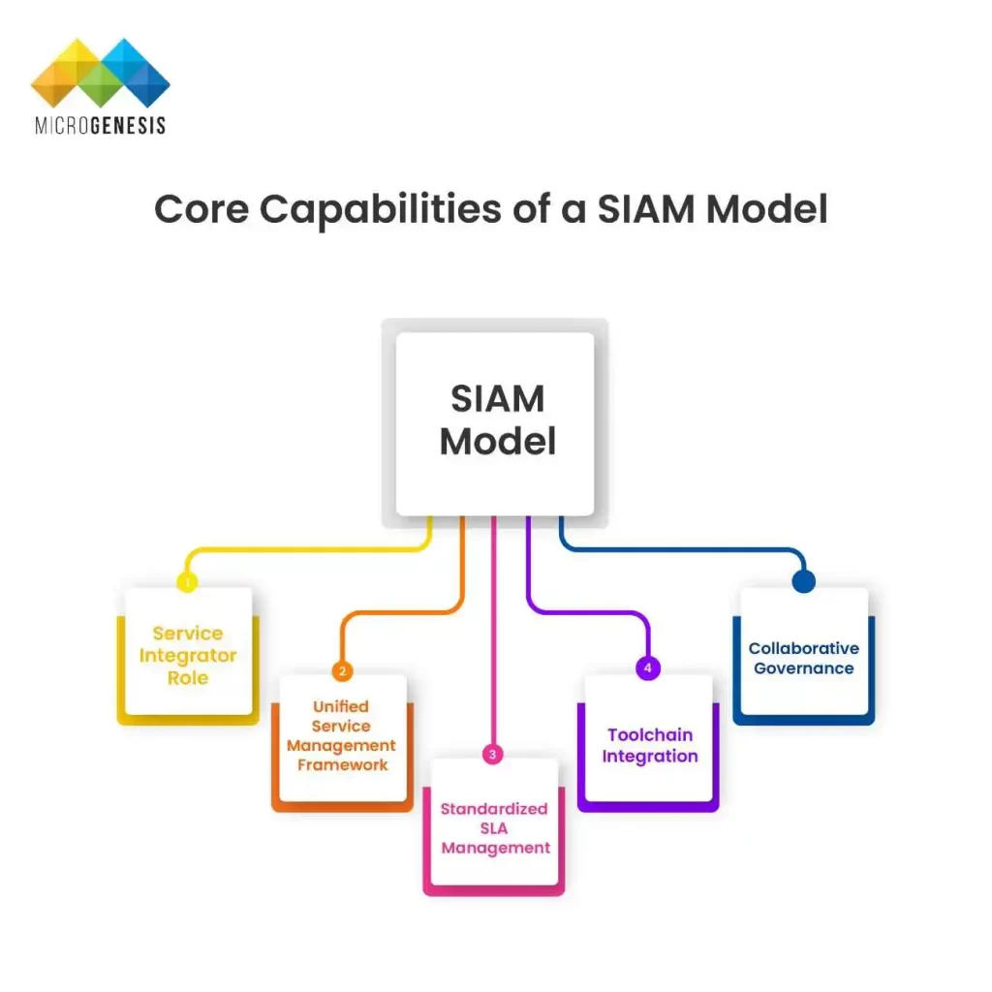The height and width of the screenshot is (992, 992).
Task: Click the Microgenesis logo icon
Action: pyautogui.click(x=101, y=74)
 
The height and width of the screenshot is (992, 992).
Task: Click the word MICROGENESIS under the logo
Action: pyautogui.click(x=101, y=125)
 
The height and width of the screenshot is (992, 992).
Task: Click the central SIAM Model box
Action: pyautogui.click(x=495, y=423)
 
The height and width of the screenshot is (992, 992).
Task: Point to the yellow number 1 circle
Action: pyautogui.click(x=188, y=582)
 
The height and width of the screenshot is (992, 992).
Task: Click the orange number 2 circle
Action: pyautogui.click(x=341, y=670)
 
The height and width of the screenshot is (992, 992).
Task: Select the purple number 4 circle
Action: pyautogui.click(x=647, y=668)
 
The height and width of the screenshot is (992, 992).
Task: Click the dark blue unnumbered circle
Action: pyautogui.click(x=803, y=581)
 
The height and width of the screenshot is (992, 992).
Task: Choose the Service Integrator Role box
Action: pyautogui.click(x=188, y=655)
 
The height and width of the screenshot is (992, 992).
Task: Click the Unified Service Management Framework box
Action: pyautogui.click(x=342, y=738)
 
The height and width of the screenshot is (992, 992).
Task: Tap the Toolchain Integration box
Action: pyautogui.click(x=649, y=744)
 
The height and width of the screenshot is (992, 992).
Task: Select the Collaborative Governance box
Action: pyautogui.click(x=803, y=658)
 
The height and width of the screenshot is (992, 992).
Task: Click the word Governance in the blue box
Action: pyautogui.click(x=803, y=668)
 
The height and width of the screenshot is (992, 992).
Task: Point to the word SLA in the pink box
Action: pyautogui.click(x=495, y=828)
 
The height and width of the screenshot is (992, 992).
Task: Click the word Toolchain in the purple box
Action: pyautogui.click(x=649, y=734)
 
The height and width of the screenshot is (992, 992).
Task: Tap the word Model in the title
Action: pyautogui.click(x=766, y=209)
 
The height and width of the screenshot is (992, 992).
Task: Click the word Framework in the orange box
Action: pyautogui.click(x=342, y=765)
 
